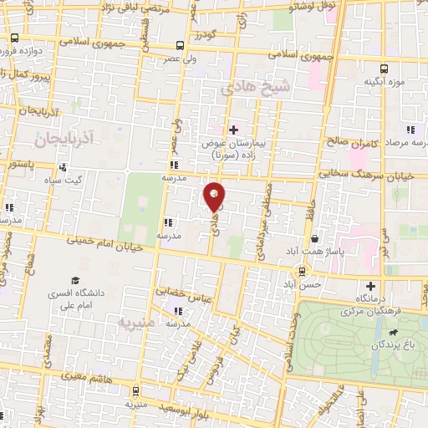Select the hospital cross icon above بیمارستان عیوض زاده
[233, 129]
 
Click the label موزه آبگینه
[385, 84]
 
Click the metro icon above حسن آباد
[302, 270]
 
